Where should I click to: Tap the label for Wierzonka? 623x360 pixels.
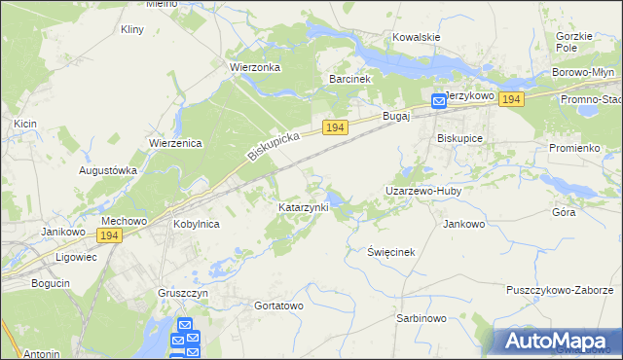254,67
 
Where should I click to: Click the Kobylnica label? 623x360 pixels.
196,224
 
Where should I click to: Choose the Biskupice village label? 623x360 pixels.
460,138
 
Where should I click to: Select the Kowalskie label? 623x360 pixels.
416,37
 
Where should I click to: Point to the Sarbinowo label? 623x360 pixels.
421,318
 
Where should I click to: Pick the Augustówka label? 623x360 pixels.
108,169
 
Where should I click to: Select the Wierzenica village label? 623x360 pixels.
174,143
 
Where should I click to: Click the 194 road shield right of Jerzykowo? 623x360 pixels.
512,99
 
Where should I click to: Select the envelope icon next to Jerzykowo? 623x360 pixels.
439,100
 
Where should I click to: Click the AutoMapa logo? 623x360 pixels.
558,341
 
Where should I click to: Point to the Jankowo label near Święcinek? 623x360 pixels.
463,224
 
